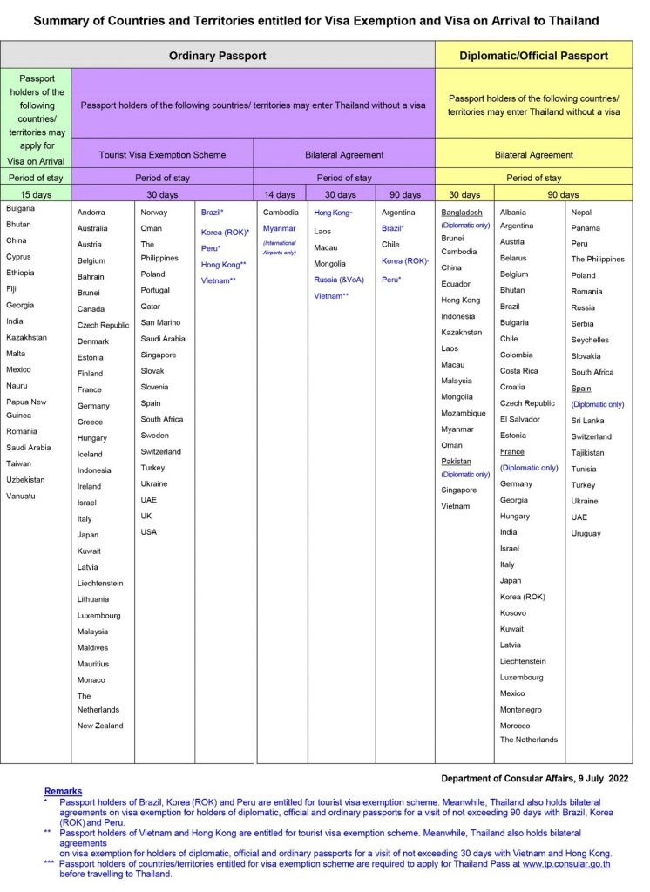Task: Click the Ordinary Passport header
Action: coord(218,56)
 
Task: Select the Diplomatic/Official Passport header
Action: coord(533,56)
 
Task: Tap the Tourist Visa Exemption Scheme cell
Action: coord(162,155)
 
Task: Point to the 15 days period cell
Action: coord(36,194)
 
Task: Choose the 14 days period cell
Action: coord(280,194)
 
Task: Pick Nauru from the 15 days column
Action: coord(17,385)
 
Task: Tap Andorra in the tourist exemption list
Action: coord(91,213)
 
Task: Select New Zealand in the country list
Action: coord(100,726)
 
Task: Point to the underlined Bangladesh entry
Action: coord(462,213)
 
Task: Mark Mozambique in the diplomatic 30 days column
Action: coord(464,413)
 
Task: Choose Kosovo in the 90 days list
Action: coord(513,613)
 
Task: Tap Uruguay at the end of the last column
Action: coord(586,534)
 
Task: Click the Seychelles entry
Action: coord(590,340)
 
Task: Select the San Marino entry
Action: coord(161,322)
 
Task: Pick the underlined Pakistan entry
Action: coord(457,461)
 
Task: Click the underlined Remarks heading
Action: coord(63,791)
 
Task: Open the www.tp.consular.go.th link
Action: coord(565,863)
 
